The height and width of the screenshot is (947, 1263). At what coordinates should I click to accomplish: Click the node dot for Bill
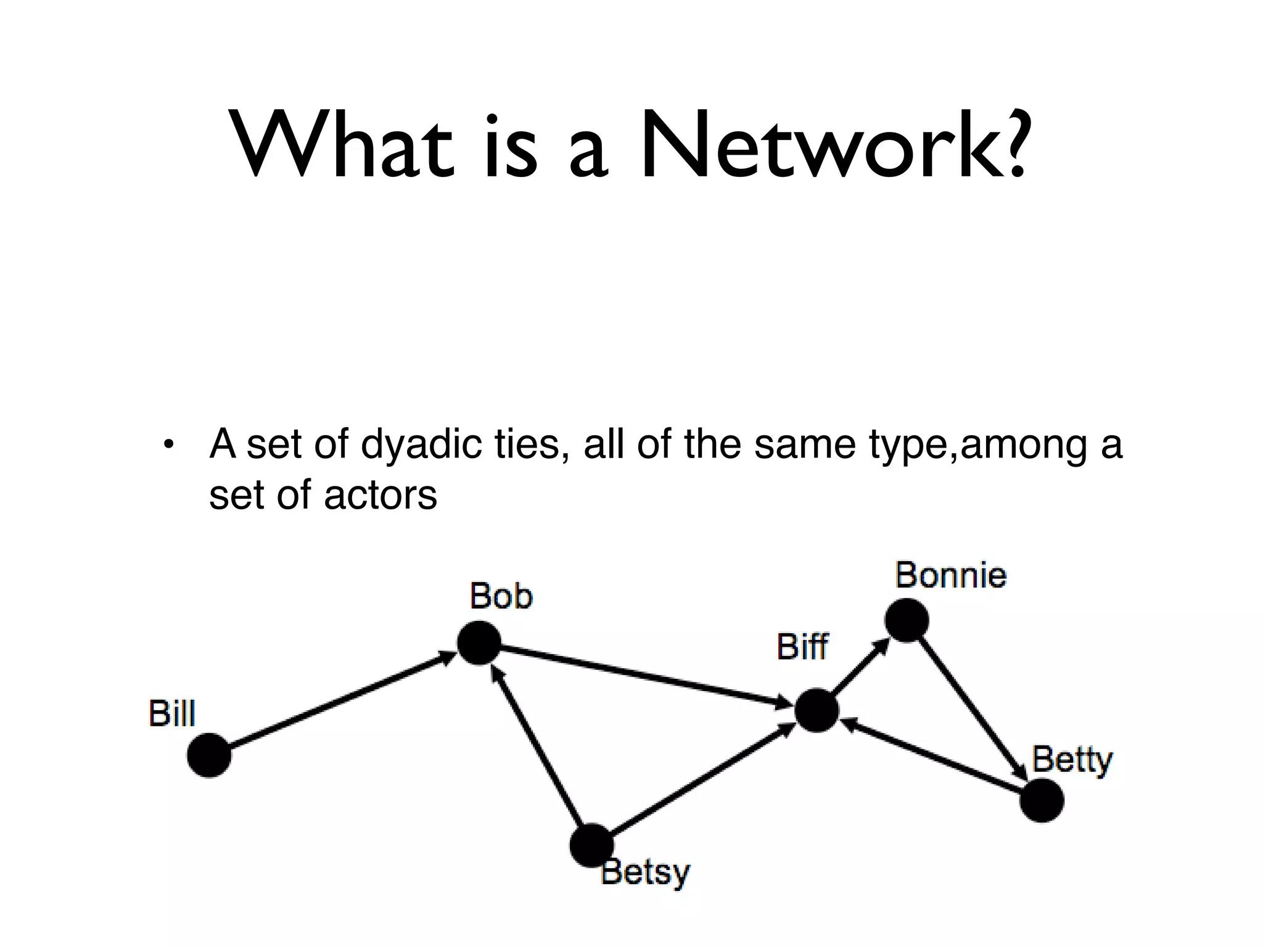pos(209,755)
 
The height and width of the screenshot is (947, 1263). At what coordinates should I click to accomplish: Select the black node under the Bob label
pos(479,642)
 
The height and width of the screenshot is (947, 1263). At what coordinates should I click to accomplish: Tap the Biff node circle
pos(817,710)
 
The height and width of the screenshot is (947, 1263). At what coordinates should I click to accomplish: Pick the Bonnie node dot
pos(907,620)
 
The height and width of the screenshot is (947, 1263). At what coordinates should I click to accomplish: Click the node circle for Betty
pos(1042,800)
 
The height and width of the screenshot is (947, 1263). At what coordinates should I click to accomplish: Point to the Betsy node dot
pos(591,845)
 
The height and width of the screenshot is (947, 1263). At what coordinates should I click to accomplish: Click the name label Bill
pos(172,714)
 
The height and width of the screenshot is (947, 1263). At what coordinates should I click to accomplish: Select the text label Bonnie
pos(950,575)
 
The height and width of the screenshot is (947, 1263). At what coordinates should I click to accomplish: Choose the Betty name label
pos(1072,760)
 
